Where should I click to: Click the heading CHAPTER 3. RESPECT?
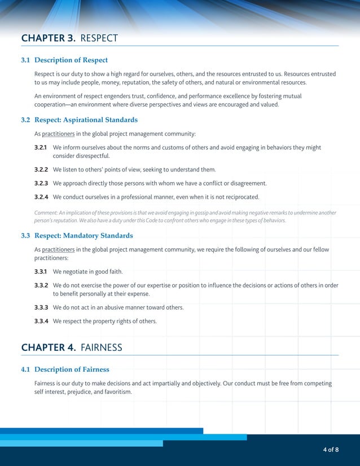(x=69, y=38)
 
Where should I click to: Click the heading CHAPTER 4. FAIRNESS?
(x=72, y=348)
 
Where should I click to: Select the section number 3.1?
(x=25, y=60)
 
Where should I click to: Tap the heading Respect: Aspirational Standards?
(x=86, y=120)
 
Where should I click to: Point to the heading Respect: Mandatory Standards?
(x=84, y=235)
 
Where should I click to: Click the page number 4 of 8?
(x=331, y=450)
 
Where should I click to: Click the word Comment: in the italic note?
(x=46, y=213)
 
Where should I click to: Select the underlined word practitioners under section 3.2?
(x=58, y=134)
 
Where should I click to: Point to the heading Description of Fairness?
(x=72, y=370)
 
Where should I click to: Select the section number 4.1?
(x=25, y=370)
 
